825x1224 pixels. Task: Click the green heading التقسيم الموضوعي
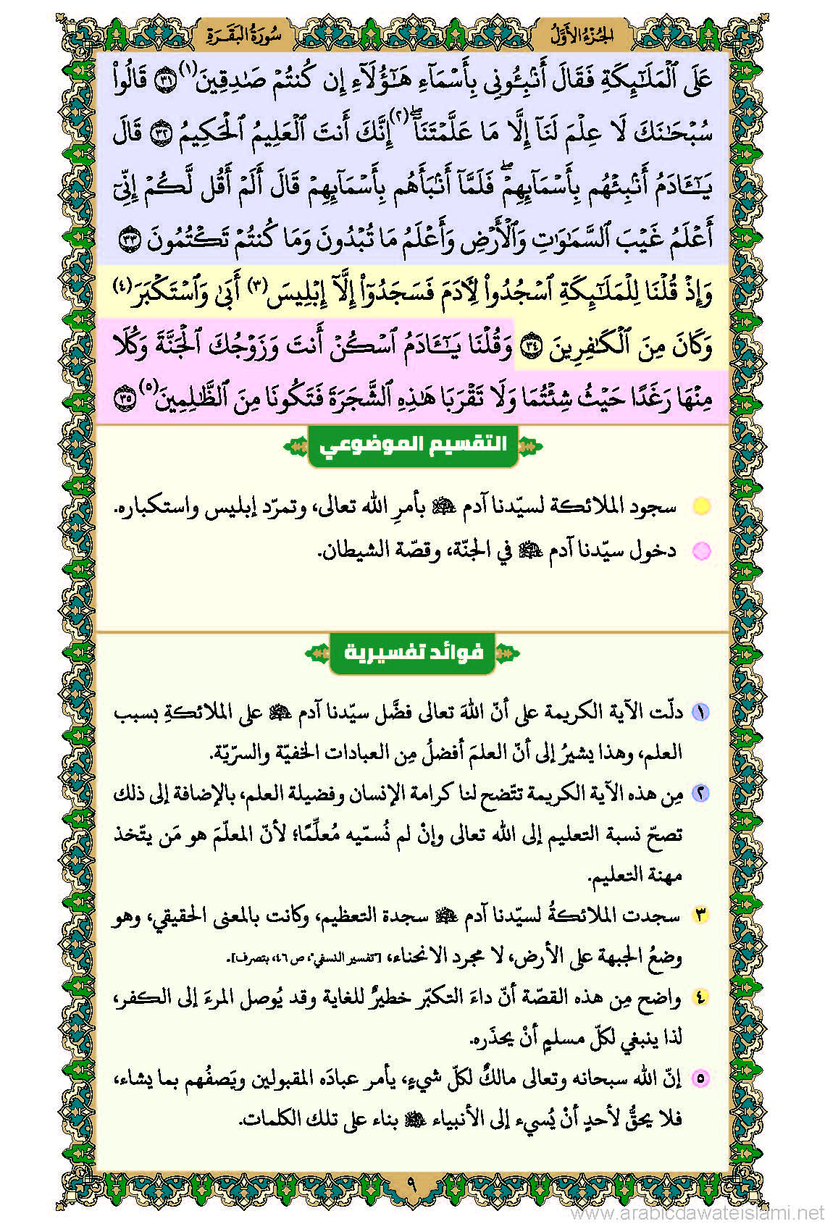[x=413, y=445]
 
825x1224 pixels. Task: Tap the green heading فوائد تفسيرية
[x=413, y=653]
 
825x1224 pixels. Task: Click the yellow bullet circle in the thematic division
[x=700, y=506]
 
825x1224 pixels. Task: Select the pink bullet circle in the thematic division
[x=700, y=551]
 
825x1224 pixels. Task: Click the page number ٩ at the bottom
[x=411, y=1186]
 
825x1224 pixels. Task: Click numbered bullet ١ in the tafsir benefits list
[x=700, y=712]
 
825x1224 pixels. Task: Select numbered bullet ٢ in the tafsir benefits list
[x=700, y=793]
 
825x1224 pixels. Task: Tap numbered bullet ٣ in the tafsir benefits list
[x=700, y=915]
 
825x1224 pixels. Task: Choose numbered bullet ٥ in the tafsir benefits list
[x=700, y=1078]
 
